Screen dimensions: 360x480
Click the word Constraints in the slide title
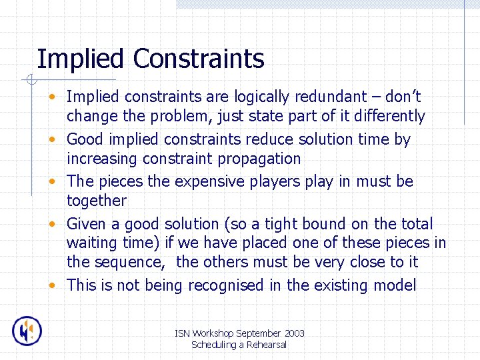click(x=199, y=59)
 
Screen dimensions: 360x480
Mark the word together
click(x=96, y=201)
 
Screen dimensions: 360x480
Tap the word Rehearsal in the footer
click(x=265, y=345)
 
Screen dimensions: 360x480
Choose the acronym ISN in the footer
click(x=181, y=333)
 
